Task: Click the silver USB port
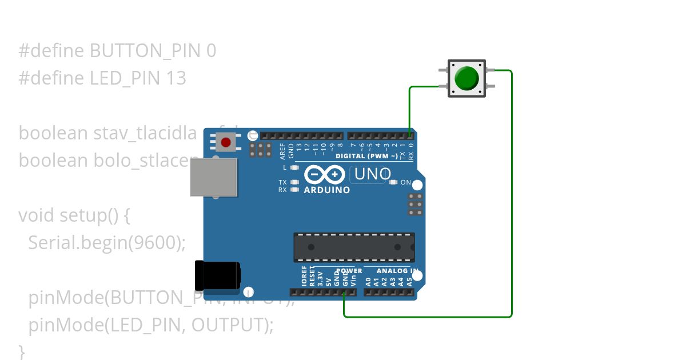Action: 214,177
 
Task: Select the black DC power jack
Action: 217,275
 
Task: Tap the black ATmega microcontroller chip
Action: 354,247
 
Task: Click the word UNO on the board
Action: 373,174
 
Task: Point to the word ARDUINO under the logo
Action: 326,190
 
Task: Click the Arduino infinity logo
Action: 324,174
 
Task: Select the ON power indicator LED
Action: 393,182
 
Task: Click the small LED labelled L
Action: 294,167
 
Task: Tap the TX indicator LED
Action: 294,182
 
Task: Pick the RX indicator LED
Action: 294,189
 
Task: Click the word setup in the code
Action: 82,215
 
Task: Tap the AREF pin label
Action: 282,150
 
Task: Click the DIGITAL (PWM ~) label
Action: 366,156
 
